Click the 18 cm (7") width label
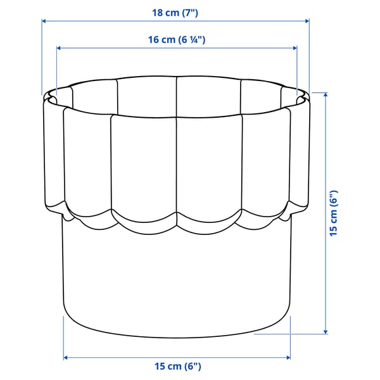click(176, 12)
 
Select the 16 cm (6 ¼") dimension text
click(177, 39)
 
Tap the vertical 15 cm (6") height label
click(334, 213)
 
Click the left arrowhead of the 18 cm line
click(44, 21)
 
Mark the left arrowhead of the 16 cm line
click(59, 47)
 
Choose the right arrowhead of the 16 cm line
click(294, 47)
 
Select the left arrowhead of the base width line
click(66, 358)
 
